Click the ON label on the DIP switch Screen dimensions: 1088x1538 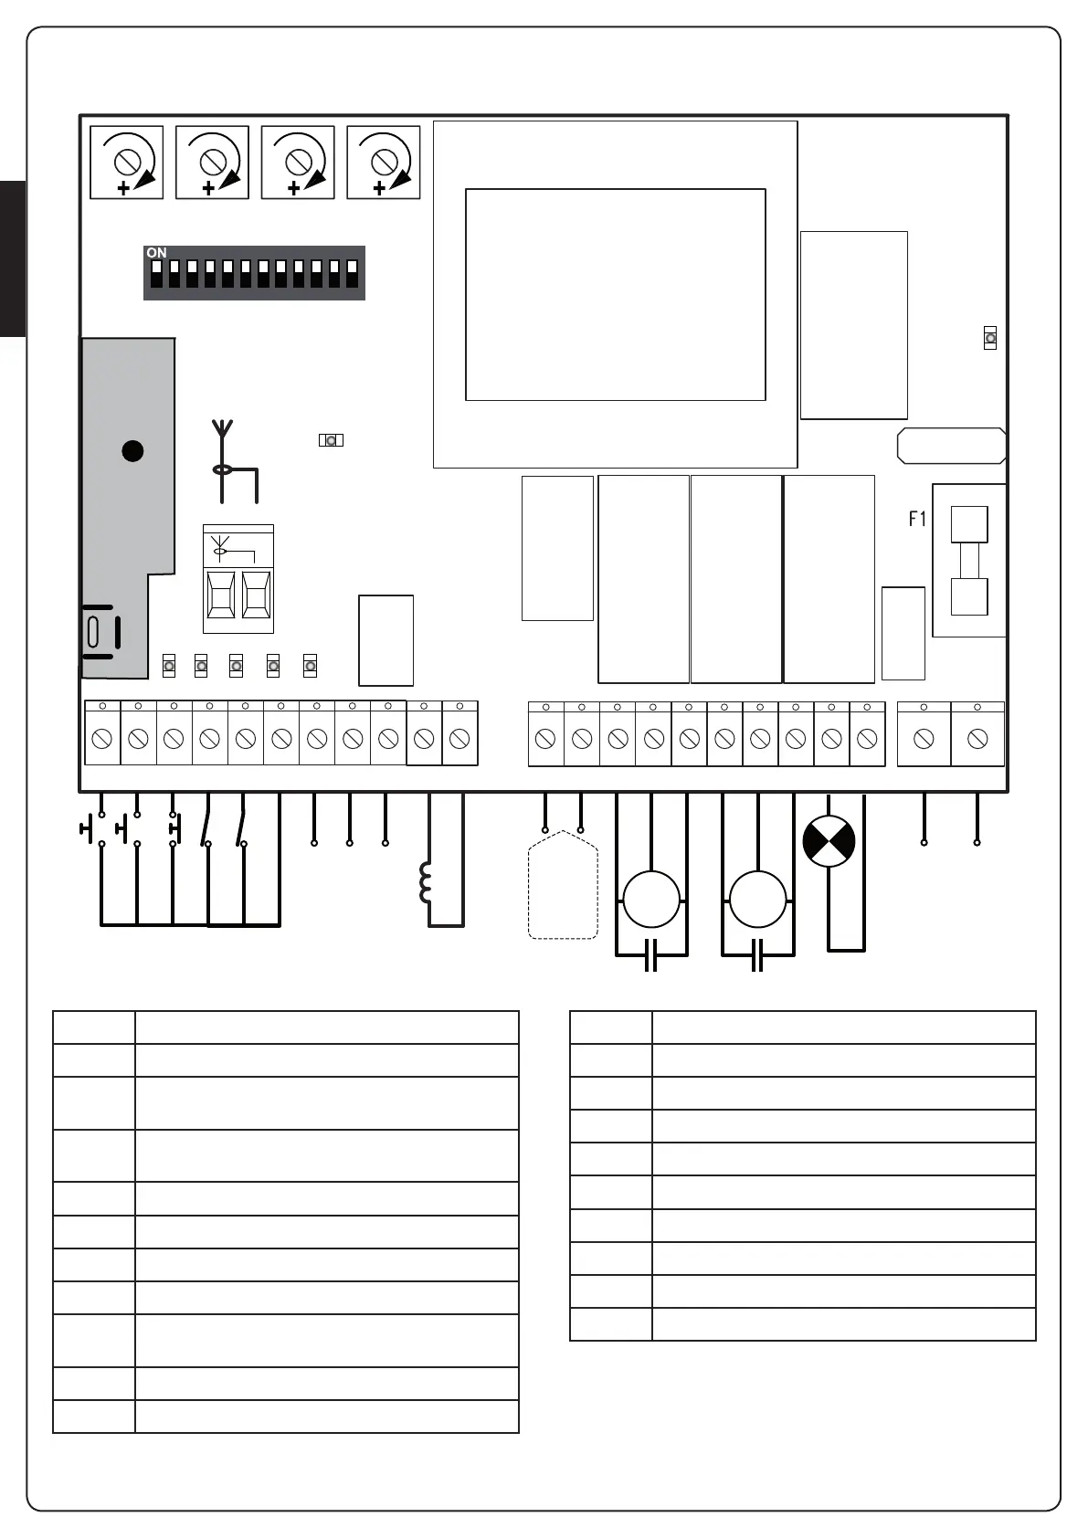tap(156, 253)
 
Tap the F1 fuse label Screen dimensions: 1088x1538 tap(917, 519)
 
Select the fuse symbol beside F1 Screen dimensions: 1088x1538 tap(969, 560)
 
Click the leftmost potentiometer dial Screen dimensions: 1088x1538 tap(127, 163)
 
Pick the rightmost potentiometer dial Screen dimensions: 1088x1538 tap(384, 163)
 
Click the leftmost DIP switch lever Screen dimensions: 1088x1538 tap(156, 274)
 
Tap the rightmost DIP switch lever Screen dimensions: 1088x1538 tap(352, 274)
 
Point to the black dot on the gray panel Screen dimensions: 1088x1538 tap(132, 450)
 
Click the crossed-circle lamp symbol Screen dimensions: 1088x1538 tap(829, 841)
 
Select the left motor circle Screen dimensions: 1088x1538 tap(651, 900)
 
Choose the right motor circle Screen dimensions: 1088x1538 tap(758, 900)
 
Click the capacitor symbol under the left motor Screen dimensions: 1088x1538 tap(651, 955)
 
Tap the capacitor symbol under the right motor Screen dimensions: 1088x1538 tap(757, 955)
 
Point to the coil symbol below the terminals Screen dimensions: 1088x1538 tap(426, 883)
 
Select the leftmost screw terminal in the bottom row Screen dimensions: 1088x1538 tap(102, 738)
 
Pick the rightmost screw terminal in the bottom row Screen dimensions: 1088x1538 tap(977, 738)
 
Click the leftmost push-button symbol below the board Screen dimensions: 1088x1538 tap(90, 829)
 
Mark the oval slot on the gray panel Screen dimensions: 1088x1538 tap(93, 631)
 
